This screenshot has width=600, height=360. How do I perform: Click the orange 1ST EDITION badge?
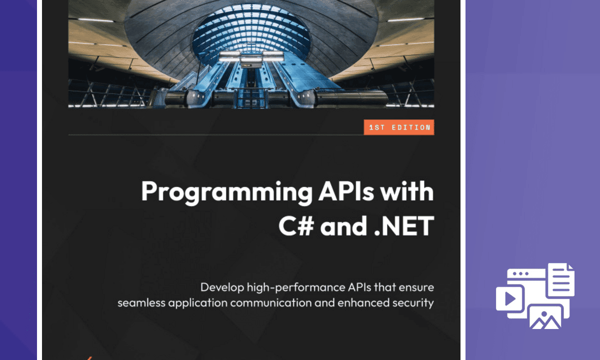click(398, 127)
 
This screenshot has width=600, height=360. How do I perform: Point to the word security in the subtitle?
click(414, 302)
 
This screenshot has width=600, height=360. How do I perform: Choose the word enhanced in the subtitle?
click(368, 302)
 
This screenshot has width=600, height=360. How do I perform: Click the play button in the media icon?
click(510, 298)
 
